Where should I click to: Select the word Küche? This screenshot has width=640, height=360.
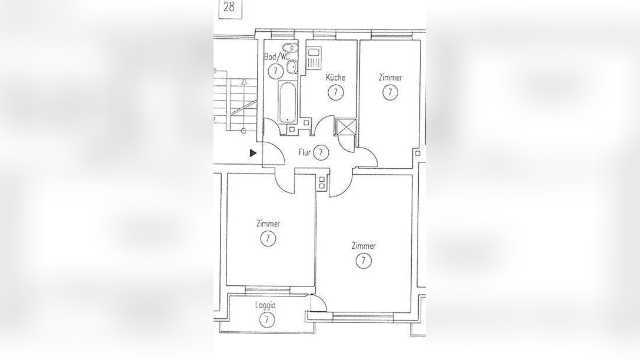pyautogui.click(x=335, y=77)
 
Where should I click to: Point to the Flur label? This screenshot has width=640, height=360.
pyautogui.click(x=305, y=153)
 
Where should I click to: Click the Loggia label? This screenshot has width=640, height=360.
pyautogui.click(x=265, y=305)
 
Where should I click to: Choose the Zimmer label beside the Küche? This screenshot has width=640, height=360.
pyautogui.click(x=390, y=77)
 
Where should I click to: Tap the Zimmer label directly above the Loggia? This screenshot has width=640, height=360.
pyautogui.click(x=268, y=224)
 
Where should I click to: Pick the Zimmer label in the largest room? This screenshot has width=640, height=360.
pyautogui.click(x=364, y=246)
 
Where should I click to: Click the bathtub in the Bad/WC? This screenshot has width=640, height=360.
pyautogui.click(x=288, y=102)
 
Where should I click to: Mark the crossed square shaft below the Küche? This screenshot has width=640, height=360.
pyautogui.click(x=345, y=127)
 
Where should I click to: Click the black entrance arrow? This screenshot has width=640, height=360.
pyautogui.click(x=253, y=153)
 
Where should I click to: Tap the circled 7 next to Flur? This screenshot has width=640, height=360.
pyautogui.click(x=321, y=153)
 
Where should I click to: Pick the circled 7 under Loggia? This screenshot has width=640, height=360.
pyautogui.click(x=267, y=319)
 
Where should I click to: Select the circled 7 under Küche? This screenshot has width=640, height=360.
pyautogui.click(x=335, y=92)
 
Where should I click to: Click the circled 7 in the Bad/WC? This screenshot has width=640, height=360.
pyautogui.click(x=276, y=71)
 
